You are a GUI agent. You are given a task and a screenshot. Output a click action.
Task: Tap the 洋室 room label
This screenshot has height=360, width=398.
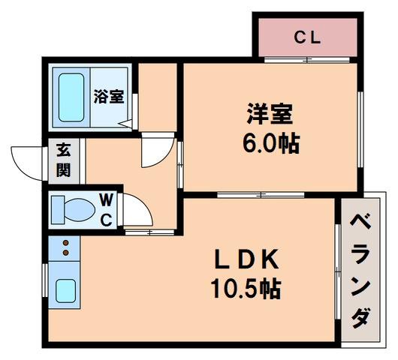273,116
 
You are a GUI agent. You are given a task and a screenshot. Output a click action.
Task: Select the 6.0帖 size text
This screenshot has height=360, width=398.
273,143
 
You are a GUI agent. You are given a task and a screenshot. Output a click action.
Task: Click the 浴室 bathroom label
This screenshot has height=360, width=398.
109,97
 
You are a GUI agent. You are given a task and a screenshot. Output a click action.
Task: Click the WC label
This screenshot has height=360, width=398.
106,209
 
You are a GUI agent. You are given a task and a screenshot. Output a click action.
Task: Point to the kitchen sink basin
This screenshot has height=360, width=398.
65,289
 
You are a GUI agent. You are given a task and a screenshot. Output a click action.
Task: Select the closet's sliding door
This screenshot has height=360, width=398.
307,58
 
